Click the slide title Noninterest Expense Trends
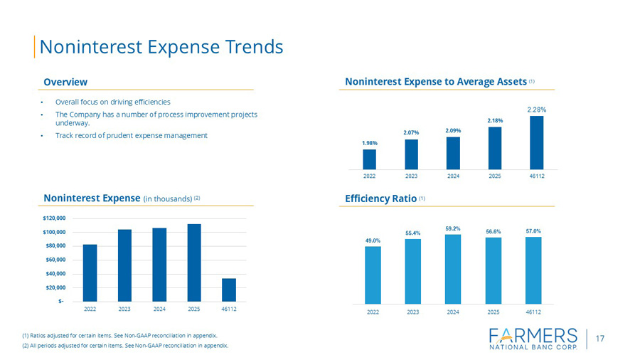[x=161, y=47]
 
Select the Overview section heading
[x=65, y=83]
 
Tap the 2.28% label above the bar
[x=536, y=110]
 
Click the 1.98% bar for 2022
[x=370, y=159]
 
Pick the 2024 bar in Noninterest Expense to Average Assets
[x=453, y=153]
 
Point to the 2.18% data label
[x=495, y=120]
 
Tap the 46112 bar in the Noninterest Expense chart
[x=229, y=289]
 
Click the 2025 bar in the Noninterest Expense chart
[x=194, y=262]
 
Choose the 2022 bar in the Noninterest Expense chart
[x=90, y=272]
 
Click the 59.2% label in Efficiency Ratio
[x=453, y=228]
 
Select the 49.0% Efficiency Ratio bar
[x=373, y=275]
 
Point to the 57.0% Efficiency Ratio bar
[x=533, y=270]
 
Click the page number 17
[x=600, y=339]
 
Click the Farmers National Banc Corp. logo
[x=535, y=339]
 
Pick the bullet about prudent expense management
[x=132, y=135]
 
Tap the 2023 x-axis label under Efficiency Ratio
[x=412, y=312]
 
